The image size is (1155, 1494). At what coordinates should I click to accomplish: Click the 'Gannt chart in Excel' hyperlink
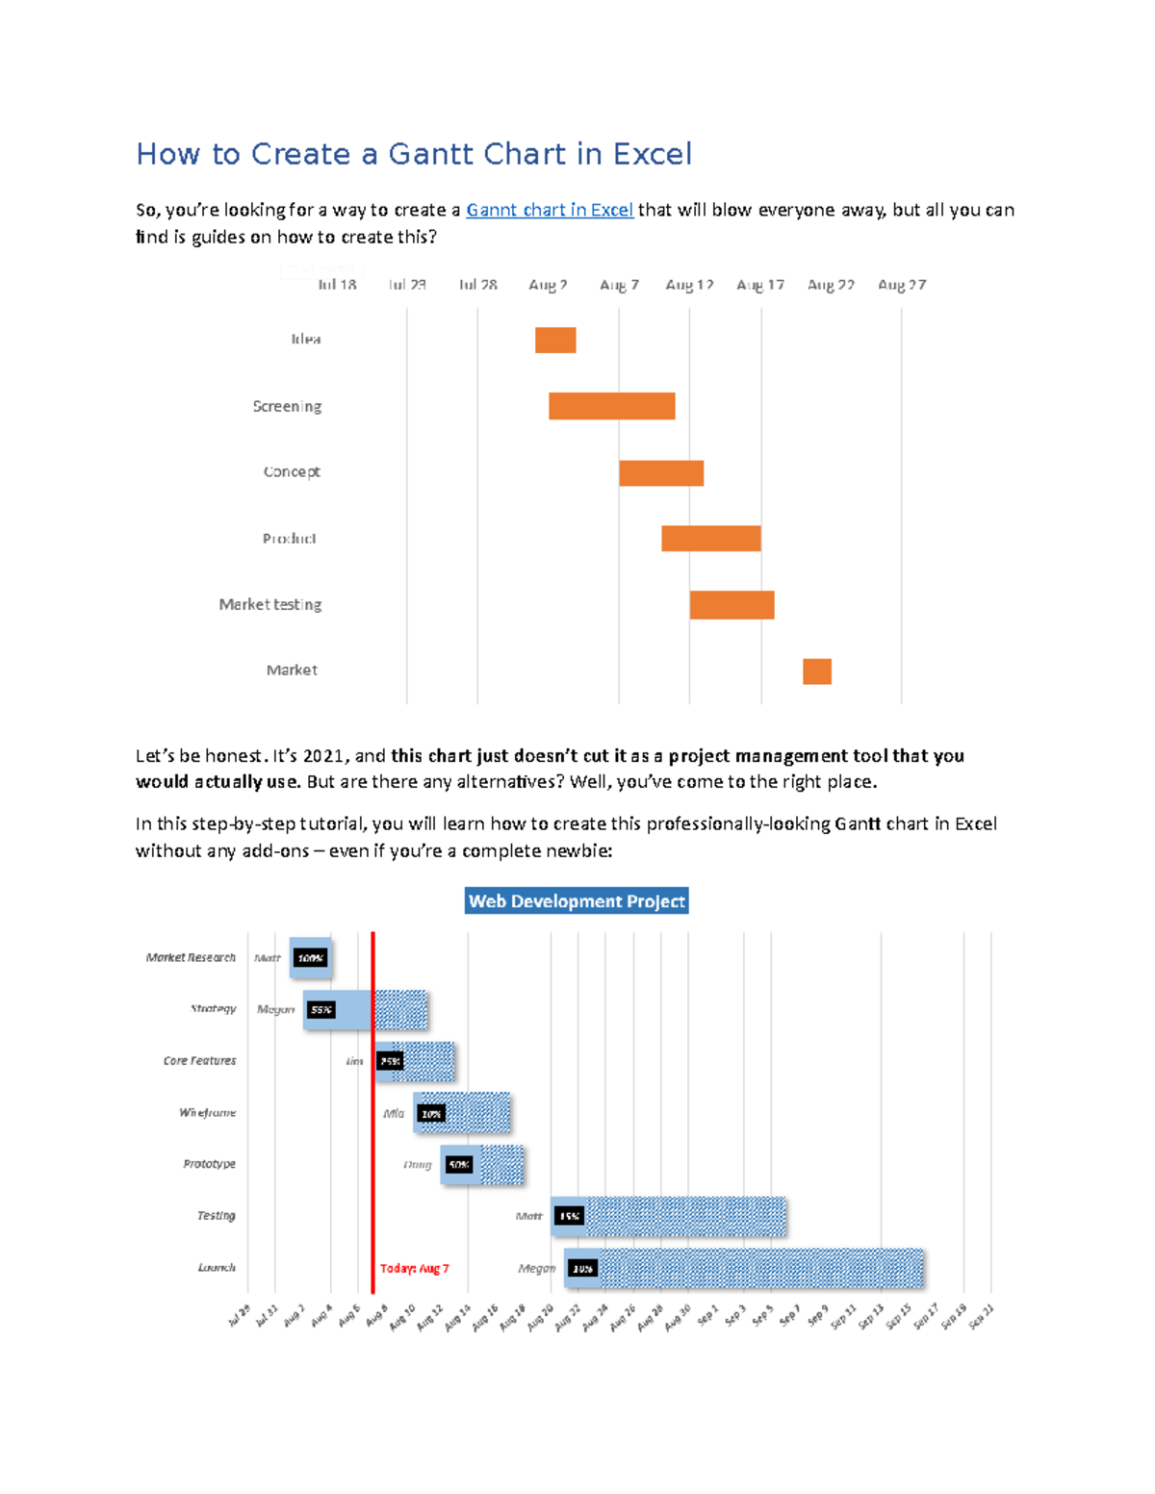pos(550,210)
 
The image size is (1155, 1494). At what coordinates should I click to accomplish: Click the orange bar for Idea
pos(555,340)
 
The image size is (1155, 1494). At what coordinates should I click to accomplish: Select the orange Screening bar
pos(611,406)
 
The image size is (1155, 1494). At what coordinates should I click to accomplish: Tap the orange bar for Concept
pos(661,472)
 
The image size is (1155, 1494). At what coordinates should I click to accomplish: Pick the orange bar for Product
pos(710,539)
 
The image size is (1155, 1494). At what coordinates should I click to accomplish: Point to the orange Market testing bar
pos(731,605)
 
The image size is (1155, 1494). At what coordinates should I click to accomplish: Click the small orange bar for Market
pos(817,671)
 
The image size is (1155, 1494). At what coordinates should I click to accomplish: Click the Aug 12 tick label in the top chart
pos(689,285)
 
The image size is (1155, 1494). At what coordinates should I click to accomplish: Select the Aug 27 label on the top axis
pos(901,285)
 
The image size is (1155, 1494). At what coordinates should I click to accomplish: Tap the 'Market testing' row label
pos(270,604)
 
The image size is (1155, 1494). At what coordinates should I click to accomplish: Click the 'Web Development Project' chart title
pos(577,901)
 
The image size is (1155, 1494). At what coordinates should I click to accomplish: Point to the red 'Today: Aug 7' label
pos(414,1268)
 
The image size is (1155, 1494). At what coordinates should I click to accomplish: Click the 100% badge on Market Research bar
pos(310,958)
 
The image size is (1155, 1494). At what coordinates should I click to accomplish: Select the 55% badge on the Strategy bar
pos(321,1009)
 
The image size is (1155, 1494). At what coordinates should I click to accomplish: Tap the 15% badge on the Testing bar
pos(569,1216)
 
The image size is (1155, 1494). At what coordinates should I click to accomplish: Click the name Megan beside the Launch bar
pos(536,1268)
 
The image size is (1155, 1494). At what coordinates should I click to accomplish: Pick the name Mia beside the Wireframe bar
pos(394,1113)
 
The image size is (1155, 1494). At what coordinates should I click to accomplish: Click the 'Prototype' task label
pos(209,1164)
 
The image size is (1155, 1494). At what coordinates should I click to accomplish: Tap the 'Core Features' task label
pos(199,1061)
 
